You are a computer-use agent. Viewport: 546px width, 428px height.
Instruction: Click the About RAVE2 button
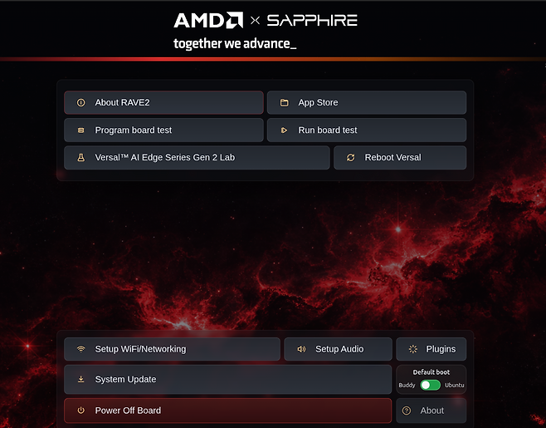[x=163, y=102]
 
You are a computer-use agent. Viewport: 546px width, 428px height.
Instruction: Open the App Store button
[x=367, y=102]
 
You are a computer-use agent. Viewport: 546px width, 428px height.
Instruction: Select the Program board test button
[x=163, y=130]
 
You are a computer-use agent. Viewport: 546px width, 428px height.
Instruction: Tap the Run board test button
[x=367, y=130]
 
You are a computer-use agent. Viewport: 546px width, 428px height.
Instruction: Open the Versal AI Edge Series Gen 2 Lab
[x=197, y=158]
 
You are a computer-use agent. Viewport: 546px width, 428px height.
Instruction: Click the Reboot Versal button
[x=400, y=158]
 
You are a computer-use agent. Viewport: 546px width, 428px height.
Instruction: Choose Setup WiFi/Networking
[x=172, y=349]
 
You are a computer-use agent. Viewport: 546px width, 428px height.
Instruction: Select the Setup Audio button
[x=338, y=349]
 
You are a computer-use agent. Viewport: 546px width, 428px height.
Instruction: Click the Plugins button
[x=431, y=349]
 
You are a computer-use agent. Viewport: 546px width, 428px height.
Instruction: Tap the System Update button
[x=227, y=380]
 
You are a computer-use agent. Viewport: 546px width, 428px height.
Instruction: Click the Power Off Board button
[x=227, y=411]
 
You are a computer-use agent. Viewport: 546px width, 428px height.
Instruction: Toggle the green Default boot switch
[x=431, y=385]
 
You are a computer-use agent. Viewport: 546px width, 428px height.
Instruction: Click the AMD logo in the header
[x=208, y=20]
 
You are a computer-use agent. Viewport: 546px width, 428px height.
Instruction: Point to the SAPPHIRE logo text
[x=312, y=21]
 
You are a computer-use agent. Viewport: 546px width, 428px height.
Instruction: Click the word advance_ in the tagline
[x=270, y=43]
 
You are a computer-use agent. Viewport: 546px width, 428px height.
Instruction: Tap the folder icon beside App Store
[x=284, y=102]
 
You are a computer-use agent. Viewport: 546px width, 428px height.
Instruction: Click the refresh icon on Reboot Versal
[x=351, y=158]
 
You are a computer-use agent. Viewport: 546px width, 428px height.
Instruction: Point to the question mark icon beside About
[x=407, y=411]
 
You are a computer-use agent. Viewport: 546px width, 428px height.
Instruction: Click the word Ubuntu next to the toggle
[x=455, y=385]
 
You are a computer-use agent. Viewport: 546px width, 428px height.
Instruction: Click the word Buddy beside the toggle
[x=407, y=385]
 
